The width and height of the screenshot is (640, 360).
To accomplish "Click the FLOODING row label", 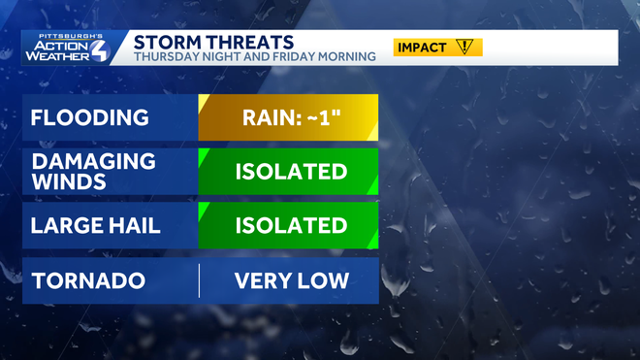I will click(89, 118).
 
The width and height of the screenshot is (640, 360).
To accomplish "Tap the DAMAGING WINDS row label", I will click(93, 172).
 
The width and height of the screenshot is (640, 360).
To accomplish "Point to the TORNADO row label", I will click(88, 281).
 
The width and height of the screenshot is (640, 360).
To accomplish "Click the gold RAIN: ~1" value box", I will click(288, 118).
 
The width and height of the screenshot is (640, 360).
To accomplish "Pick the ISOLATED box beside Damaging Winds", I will click(288, 172).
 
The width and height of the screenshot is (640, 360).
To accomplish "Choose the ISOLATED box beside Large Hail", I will click(288, 226).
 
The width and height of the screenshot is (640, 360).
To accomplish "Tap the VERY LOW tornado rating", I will click(291, 281).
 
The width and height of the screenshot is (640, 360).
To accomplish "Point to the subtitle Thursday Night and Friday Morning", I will click(254, 57).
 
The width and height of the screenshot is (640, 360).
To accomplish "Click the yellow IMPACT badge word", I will click(422, 47).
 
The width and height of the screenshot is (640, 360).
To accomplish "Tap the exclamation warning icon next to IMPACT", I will click(465, 47).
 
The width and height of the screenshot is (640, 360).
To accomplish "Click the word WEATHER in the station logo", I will click(61, 56).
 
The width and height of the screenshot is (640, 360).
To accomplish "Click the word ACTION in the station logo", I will click(61, 44).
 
